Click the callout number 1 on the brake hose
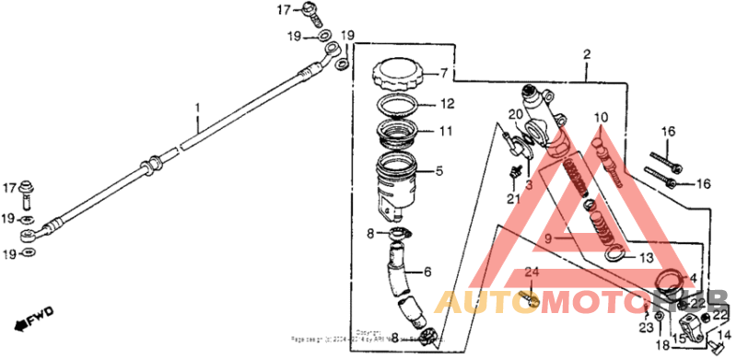point(196,108)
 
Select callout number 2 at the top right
point(586,56)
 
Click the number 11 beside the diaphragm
point(445,132)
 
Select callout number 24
point(531,273)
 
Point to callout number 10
point(601,117)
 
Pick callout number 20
point(516,114)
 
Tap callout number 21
point(512,198)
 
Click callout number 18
point(661,344)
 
